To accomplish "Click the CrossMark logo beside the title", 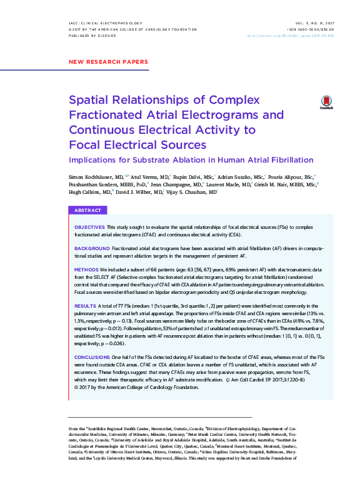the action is point(326,103).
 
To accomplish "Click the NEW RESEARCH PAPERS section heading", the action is point(107,62).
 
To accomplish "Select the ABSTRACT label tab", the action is point(88,211).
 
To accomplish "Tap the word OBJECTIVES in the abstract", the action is point(89,226).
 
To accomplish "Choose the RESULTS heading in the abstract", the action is point(85,305).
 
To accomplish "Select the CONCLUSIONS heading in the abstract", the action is point(93,356).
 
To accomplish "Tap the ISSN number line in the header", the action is point(311,29).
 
